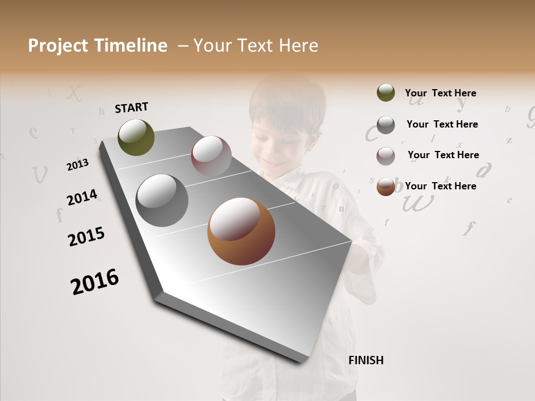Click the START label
tap(132, 107)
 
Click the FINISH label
tap(366, 360)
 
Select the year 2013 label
tap(77, 164)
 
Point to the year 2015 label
tap(86, 237)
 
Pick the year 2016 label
tap(95, 281)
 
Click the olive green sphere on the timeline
tap(137, 137)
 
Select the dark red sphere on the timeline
tap(211, 156)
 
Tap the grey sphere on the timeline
tap(162, 200)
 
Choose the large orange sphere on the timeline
tap(241, 231)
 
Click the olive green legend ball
tap(386, 93)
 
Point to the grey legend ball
tap(386, 125)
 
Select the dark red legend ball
tap(386, 156)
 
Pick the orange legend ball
tap(386, 187)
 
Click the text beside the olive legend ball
tap(440, 93)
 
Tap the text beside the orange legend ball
tap(440, 186)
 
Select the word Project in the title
tap(58, 46)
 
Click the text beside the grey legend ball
tap(442, 124)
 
